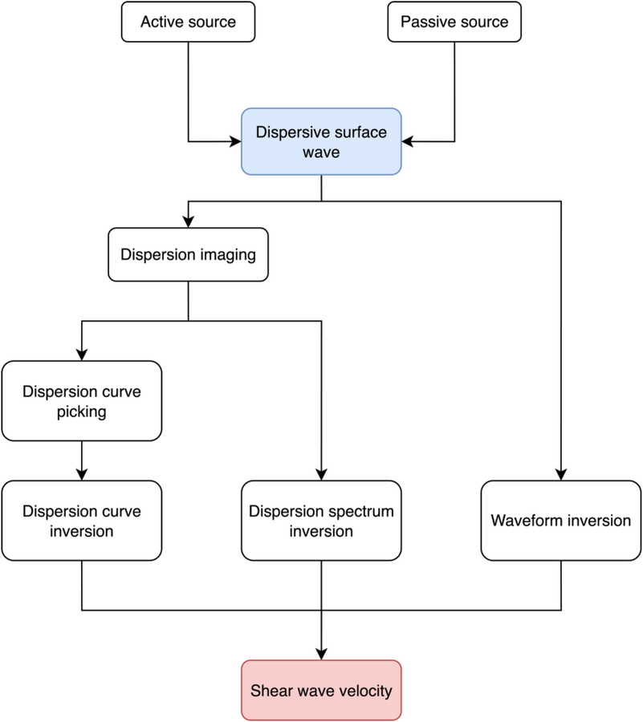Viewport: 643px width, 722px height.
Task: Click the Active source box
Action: point(188,22)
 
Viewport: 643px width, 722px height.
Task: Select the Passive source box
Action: point(454,22)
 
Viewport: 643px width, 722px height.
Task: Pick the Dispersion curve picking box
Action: point(81,402)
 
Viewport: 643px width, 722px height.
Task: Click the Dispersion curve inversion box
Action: point(81,520)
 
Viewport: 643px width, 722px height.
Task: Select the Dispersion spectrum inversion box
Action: point(321,520)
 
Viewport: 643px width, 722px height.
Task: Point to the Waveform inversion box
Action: point(560,520)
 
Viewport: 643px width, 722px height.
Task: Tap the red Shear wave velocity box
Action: point(321,689)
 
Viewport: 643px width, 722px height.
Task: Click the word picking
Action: point(81,412)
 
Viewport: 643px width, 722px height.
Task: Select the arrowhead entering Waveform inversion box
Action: point(560,475)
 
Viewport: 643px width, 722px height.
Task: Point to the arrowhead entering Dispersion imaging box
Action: point(188,221)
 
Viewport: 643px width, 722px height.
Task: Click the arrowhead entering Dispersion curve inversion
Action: point(81,475)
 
